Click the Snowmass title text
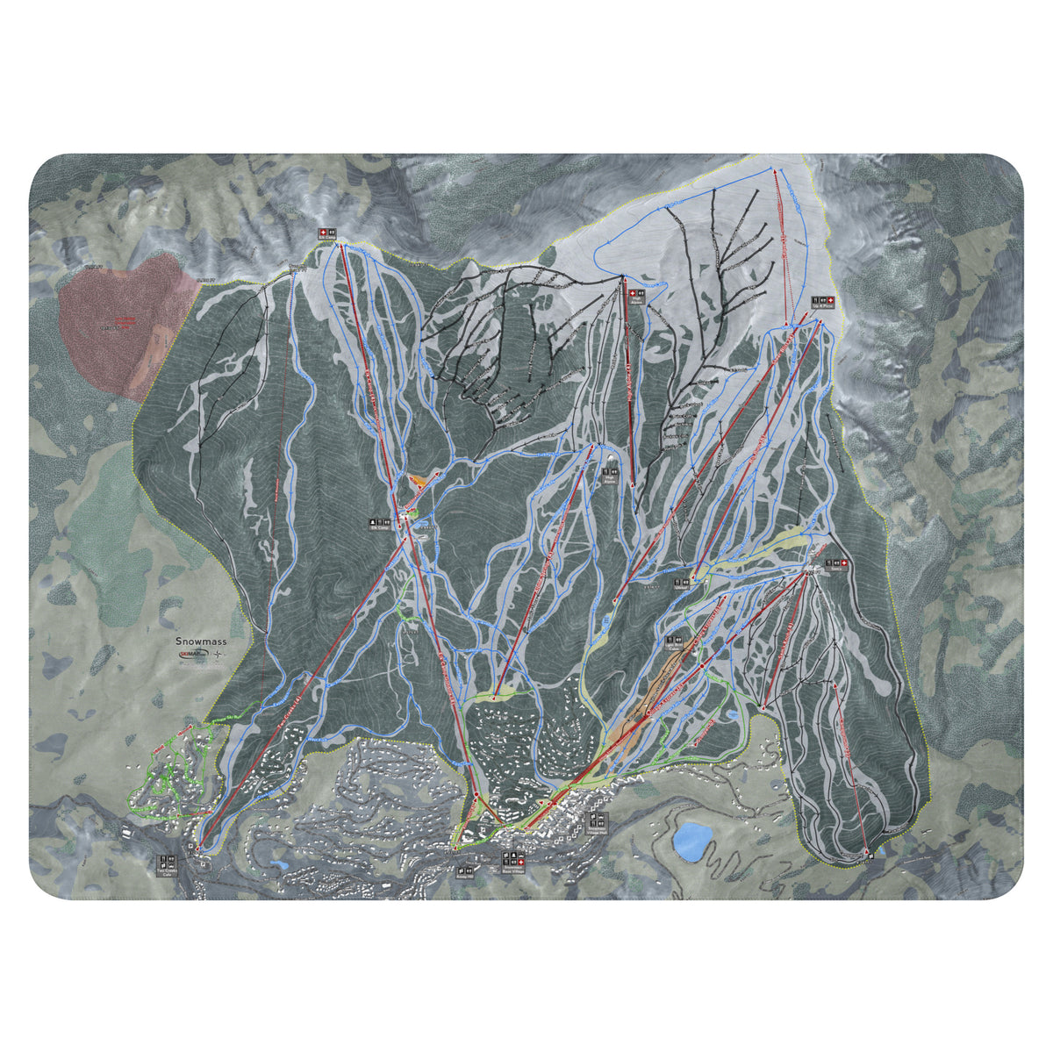200,641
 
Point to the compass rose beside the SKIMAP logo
217,655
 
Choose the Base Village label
512,871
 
